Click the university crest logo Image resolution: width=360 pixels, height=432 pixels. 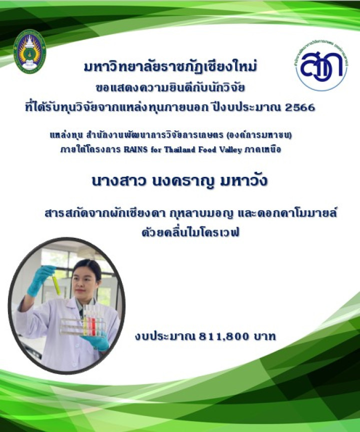click(30, 51)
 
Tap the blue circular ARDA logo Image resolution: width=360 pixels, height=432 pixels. click(321, 66)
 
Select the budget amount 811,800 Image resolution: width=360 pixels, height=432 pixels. click(223, 337)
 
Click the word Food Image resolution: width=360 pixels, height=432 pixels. click(207, 150)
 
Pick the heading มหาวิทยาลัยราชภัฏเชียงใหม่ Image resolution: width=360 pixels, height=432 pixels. click(170, 67)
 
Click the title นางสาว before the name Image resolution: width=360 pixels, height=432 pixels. click(118, 181)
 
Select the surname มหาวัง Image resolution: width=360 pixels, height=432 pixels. click(244, 181)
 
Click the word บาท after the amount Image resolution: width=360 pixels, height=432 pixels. click(265, 337)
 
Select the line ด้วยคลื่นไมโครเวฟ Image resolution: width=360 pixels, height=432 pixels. click(190, 232)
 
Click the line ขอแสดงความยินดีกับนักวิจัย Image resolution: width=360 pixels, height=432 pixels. click(170, 88)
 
